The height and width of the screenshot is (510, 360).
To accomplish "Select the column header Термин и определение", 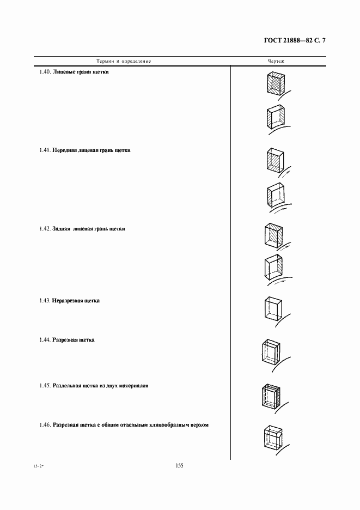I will (124, 61).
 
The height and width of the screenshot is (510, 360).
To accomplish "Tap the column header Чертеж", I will (276, 61).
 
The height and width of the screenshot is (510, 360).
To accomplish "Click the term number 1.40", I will (45, 72).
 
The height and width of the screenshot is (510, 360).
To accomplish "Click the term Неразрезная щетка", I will (76, 300).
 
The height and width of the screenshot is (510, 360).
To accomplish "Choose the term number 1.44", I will (45, 339).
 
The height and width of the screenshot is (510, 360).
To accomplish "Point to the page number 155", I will (180, 465).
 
